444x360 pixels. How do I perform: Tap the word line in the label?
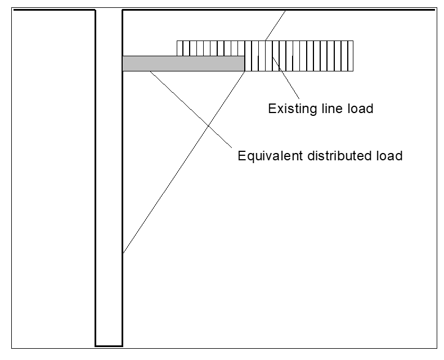326,109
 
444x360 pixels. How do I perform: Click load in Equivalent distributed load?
389,156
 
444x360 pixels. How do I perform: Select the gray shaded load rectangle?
183,64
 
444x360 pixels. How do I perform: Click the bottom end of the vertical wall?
109,345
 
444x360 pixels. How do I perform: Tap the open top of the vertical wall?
109,10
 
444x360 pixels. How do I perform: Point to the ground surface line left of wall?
53,10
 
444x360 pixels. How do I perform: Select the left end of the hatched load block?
177,48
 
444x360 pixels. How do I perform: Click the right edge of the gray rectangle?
244,64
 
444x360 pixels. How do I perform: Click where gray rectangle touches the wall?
123,64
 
